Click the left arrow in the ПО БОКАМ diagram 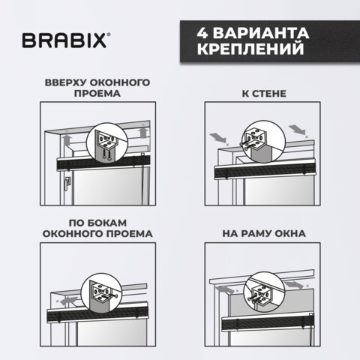click(x=71, y=298)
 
